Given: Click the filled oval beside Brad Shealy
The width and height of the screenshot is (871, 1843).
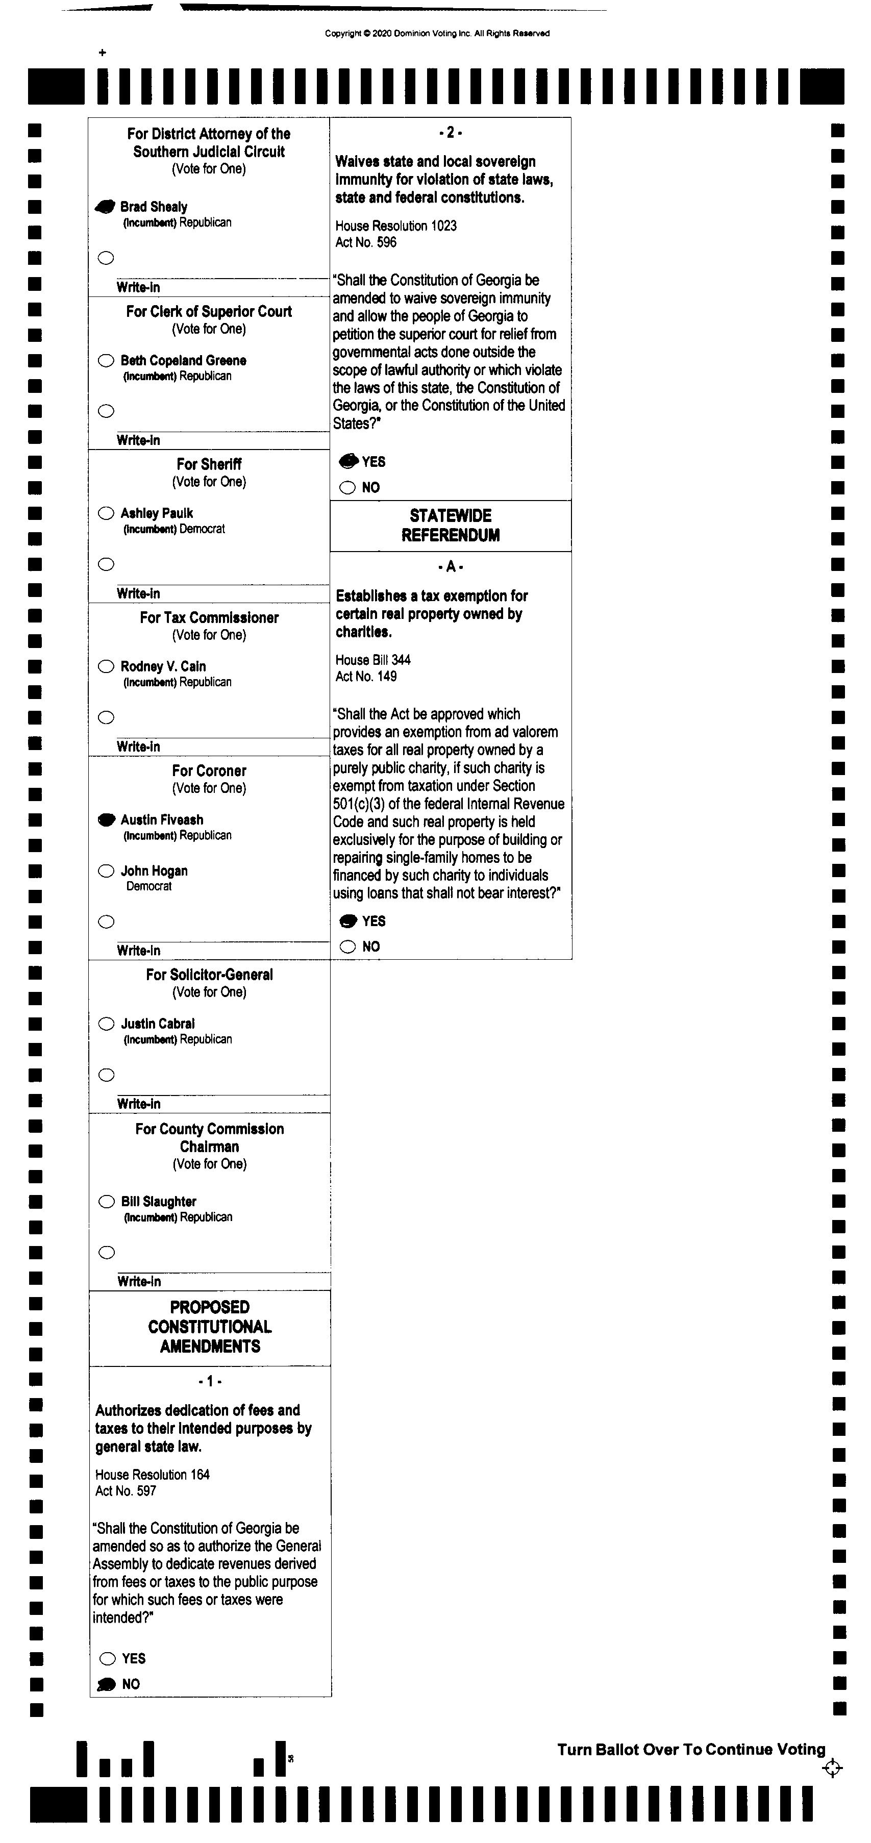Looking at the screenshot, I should coord(105,207).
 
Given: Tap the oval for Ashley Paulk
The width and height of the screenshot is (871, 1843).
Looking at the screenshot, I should coord(106,513).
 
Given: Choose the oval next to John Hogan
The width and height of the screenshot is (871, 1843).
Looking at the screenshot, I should coord(106,870).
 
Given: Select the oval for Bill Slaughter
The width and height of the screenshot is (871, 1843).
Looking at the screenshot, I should coord(107,1201).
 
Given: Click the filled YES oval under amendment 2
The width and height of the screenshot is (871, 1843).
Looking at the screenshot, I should coord(348,461).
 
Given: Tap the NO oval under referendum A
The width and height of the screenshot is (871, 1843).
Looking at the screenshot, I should coord(348,947).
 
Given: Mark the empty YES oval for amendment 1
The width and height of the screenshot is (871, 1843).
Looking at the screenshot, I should coord(107,1658).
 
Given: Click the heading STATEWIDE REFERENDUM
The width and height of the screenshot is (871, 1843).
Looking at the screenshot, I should coord(450,525).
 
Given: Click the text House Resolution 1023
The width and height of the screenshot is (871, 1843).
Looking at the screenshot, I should coord(396,226).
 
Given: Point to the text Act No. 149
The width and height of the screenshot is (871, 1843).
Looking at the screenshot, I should coord(366,677).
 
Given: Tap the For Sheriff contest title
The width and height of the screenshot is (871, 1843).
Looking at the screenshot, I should coord(209,464).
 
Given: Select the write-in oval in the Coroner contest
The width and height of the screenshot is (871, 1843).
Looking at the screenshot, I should coord(106,921).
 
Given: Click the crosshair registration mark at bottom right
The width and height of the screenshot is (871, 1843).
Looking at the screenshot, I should coord(832,1769).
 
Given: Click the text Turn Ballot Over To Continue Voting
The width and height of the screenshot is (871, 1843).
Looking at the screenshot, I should coord(691,1749).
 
